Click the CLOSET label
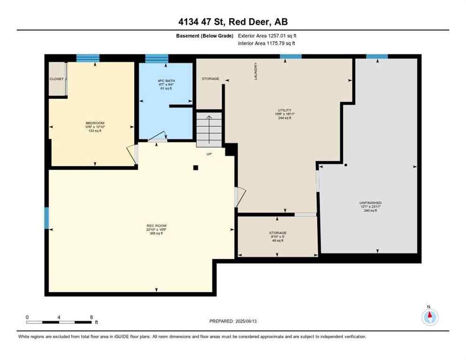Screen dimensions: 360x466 click(x=56, y=79)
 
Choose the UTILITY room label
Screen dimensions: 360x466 click(x=285, y=110)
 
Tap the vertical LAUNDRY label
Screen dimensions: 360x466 click(x=256, y=71)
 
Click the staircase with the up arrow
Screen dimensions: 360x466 click(x=209, y=129)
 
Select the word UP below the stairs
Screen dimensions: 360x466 click(x=209, y=154)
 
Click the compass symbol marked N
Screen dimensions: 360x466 click(x=429, y=317)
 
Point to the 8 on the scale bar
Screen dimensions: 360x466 click(x=90, y=317)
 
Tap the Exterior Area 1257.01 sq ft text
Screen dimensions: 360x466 click(x=267, y=35)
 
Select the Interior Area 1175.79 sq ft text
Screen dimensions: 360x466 click(x=266, y=44)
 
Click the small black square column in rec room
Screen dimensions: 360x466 click(x=196, y=167)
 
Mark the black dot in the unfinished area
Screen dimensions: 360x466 click(x=346, y=165)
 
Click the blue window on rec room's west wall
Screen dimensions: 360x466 click(x=46, y=218)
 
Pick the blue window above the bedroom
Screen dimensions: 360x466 click(x=88, y=58)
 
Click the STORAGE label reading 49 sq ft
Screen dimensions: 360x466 click(x=278, y=233)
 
